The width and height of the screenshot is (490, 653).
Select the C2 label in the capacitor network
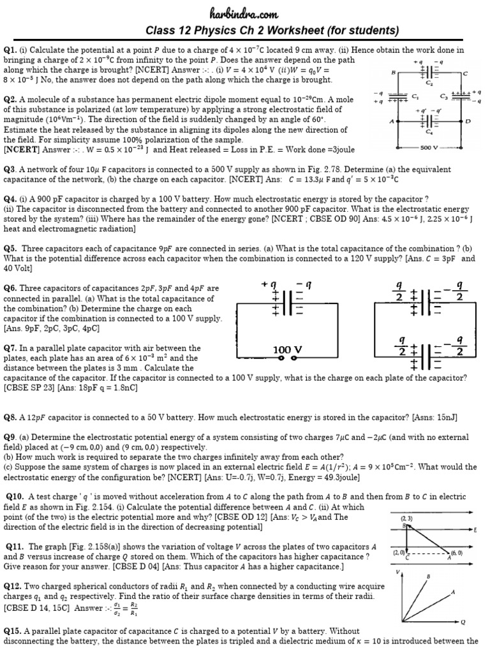[x=429, y=83]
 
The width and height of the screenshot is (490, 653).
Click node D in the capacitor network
[x=468, y=121]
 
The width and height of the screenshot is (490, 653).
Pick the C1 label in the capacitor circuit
[x=415, y=97]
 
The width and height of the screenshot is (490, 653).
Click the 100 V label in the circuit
[x=286, y=350]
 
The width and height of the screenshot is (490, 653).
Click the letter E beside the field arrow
[x=475, y=530]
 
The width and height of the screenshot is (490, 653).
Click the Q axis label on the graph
[x=463, y=622]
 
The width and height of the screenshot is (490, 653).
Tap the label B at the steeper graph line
[x=427, y=576]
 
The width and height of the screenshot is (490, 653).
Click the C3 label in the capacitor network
[x=444, y=97]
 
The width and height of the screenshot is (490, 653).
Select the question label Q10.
[x=15, y=496]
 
